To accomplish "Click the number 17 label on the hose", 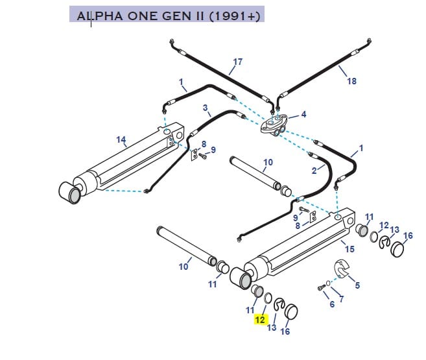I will tap(237, 62).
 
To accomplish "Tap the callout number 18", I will tap(352, 81).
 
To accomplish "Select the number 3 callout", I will tap(205, 108).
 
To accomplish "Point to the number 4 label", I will tap(303, 115).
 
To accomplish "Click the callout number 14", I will tap(121, 139).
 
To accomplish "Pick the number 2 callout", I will tap(314, 171).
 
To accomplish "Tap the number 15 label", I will tap(349, 249).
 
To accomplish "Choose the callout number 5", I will tap(357, 285).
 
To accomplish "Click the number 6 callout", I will tap(332, 304).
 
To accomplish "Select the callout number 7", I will tap(341, 299).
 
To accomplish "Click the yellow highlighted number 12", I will tap(260, 319).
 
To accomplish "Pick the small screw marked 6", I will tap(322, 287).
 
